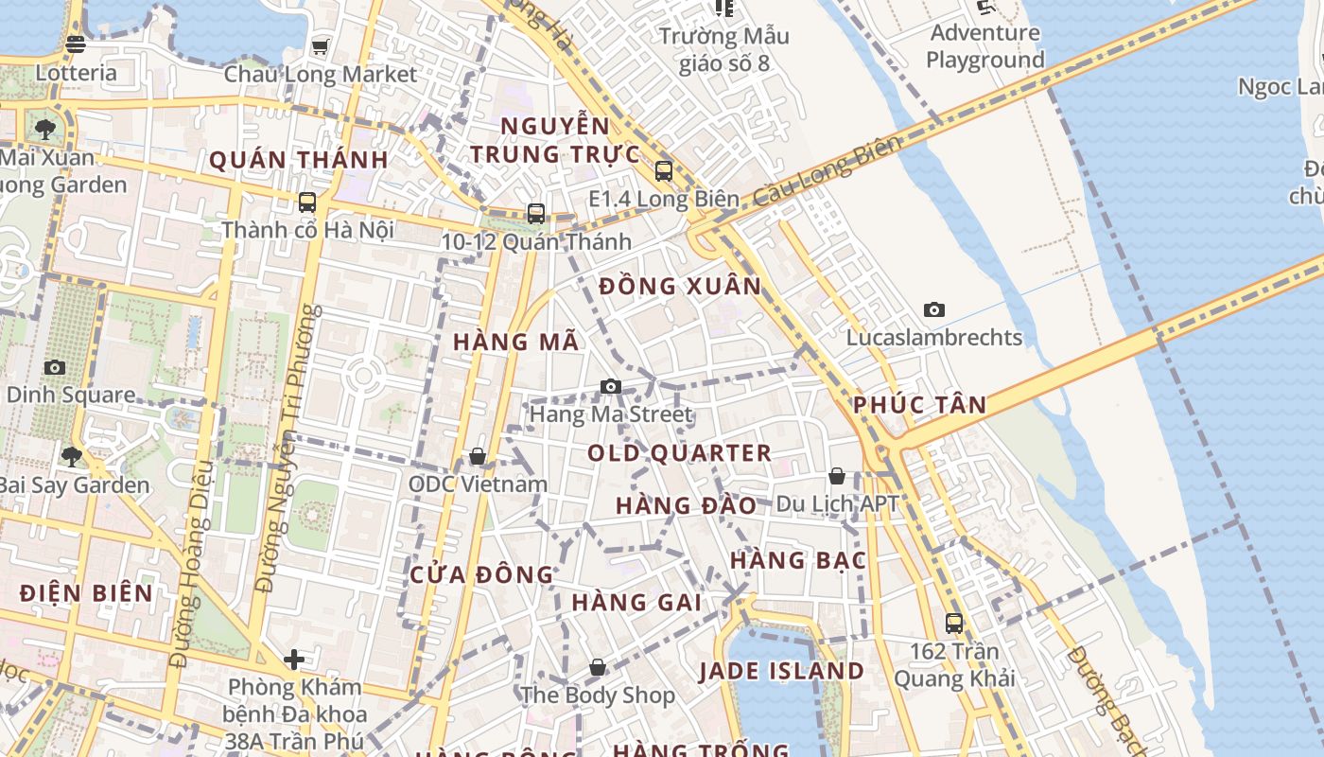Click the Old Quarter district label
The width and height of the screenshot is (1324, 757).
[x=679, y=453]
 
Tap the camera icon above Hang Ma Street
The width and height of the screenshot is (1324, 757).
[x=611, y=386]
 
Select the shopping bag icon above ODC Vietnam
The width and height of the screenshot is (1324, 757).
[x=478, y=457]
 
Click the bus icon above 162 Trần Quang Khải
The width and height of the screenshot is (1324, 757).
[x=953, y=624]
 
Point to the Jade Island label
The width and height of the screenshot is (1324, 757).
[x=781, y=672]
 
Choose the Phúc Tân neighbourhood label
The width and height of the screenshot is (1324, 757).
[x=919, y=405]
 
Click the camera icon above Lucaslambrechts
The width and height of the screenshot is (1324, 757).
[x=933, y=309]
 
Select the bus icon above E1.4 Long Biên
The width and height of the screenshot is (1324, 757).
[x=663, y=171]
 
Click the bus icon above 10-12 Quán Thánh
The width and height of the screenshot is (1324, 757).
[x=536, y=214]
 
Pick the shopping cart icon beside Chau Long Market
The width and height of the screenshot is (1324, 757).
[x=321, y=46]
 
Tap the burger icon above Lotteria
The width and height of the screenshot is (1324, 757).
[x=76, y=44]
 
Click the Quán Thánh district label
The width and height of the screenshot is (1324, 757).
[x=299, y=160]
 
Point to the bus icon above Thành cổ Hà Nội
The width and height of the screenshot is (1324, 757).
[x=307, y=202]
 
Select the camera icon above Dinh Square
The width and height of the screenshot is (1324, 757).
[x=55, y=367]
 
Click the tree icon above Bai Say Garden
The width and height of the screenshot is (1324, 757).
[x=71, y=457]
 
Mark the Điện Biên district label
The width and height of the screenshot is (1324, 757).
[x=86, y=593]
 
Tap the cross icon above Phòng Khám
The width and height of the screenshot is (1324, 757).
[x=294, y=659]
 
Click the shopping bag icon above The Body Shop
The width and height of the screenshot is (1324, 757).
[x=597, y=667]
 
